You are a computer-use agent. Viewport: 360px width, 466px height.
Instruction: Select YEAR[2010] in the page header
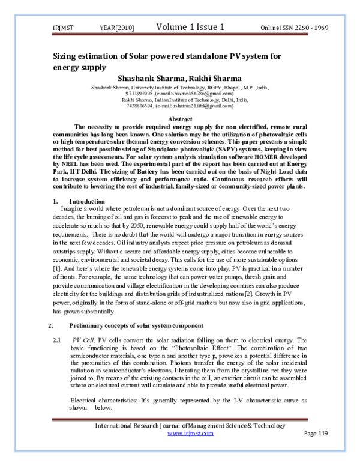[116, 28]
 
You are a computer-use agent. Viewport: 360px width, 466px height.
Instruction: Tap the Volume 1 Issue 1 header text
[190, 27]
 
